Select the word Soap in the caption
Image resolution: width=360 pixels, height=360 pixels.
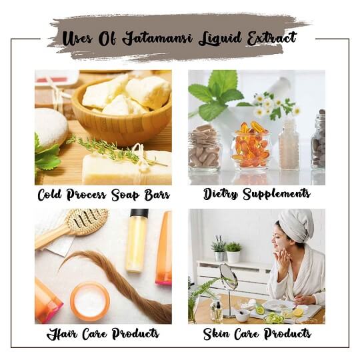125,195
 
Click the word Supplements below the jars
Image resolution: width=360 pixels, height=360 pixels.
277,194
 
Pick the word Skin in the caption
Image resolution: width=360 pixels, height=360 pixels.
216,333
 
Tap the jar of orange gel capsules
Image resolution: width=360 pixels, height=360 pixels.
251,145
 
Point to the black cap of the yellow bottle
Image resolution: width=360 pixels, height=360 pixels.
139,213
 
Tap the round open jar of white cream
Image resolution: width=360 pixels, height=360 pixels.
90,301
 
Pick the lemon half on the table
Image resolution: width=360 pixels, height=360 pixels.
298,313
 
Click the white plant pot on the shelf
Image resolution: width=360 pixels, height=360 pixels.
233,257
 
